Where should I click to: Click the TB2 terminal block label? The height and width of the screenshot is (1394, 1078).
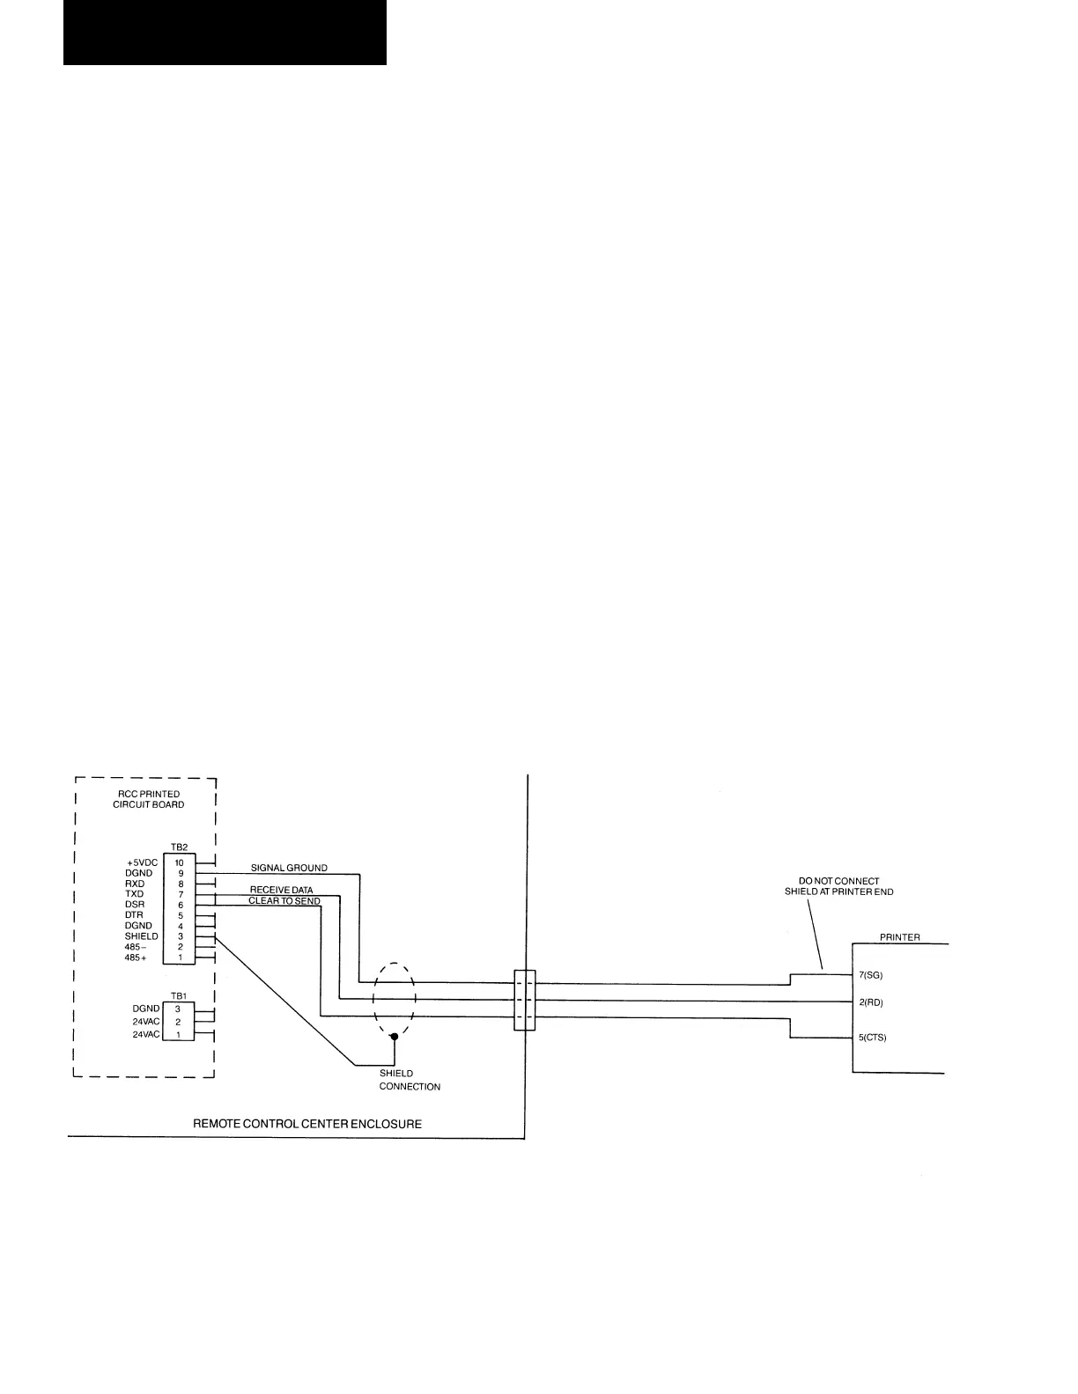[179, 847]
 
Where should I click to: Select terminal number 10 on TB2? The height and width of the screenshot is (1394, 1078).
[179, 862]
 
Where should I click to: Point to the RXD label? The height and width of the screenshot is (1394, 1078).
[135, 884]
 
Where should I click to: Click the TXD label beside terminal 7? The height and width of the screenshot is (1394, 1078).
[134, 894]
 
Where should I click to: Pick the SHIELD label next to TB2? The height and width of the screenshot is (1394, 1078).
[141, 936]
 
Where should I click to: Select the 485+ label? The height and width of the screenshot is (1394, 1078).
[136, 957]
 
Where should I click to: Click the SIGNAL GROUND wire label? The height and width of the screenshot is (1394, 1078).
[289, 868]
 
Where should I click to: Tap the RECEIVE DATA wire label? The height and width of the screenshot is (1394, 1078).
[281, 890]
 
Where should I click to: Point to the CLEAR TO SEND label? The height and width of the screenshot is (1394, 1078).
[284, 901]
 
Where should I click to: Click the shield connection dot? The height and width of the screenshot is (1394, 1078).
[394, 1037]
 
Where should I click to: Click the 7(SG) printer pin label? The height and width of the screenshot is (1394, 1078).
[871, 975]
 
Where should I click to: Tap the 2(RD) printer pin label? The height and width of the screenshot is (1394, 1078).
[871, 1002]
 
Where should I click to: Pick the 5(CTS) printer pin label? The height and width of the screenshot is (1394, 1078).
[873, 1038]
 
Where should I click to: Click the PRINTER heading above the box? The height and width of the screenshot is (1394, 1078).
[900, 937]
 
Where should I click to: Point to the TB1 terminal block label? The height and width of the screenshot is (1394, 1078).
[179, 995]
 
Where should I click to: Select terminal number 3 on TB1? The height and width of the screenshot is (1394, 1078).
[178, 1009]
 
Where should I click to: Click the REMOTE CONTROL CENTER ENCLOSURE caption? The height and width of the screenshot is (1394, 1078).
[307, 1124]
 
